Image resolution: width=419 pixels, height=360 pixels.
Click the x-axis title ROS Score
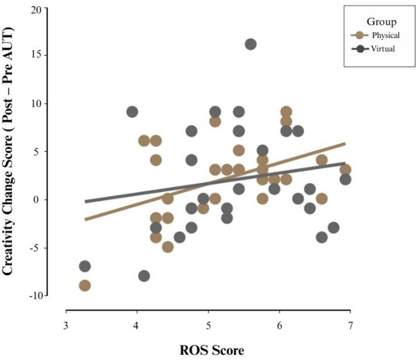209,350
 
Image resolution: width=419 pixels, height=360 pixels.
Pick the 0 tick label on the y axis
41,200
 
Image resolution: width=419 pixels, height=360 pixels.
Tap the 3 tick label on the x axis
66,325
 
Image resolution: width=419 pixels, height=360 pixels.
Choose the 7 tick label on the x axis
350,325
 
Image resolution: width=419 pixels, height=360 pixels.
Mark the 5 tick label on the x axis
208,325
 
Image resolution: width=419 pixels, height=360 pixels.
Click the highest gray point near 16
250,45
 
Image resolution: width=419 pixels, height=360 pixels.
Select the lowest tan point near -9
85,286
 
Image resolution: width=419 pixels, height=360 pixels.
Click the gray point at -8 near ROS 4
144,276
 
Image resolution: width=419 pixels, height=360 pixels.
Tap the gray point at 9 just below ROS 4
132,112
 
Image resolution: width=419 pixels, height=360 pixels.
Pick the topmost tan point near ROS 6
286,112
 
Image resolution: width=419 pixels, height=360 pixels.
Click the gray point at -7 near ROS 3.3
85,267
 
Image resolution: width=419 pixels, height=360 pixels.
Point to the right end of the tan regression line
345,143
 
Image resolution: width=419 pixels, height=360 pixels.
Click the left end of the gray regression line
85,202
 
